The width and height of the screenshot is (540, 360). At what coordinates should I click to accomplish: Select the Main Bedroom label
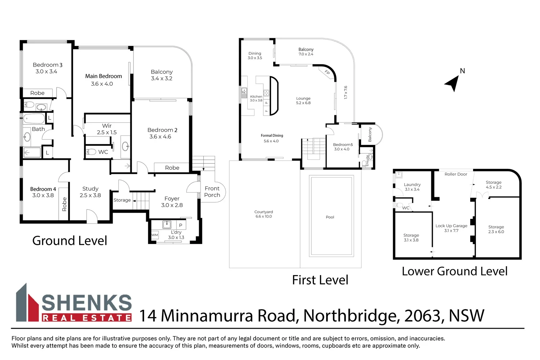click(103, 76)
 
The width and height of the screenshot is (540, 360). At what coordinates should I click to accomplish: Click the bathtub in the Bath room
click(34, 118)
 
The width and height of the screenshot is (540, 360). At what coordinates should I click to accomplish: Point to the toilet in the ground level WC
click(91, 152)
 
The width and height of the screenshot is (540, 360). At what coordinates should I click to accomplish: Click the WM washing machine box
click(154, 235)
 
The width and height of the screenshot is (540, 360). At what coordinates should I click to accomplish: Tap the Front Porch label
click(212, 192)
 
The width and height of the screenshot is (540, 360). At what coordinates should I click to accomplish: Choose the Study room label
click(90, 189)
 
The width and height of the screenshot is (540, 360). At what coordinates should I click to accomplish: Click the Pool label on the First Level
click(330, 217)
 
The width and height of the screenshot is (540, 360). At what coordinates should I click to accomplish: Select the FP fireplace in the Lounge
click(327, 72)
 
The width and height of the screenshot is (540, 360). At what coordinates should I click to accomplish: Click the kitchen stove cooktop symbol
click(266, 93)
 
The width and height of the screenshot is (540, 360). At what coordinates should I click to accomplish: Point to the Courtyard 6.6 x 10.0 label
click(264, 214)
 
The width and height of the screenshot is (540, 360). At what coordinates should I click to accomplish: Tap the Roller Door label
click(456, 174)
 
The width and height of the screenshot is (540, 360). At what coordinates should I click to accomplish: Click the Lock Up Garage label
click(451, 226)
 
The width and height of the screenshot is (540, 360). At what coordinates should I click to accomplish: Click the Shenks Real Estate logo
click(74, 303)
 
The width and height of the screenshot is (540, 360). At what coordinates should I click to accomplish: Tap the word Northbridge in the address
click(351, 316)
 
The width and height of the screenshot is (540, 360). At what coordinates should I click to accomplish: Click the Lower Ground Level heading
click(454, 271)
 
